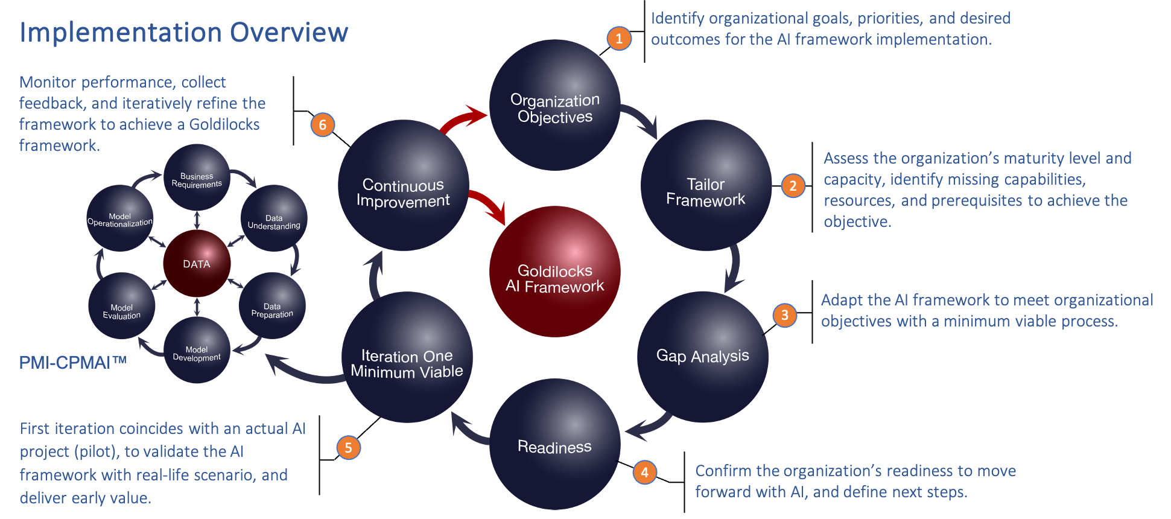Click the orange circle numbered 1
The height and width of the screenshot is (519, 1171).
[x=619, y=39]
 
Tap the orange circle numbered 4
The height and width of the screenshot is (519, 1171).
[x=644, y=472]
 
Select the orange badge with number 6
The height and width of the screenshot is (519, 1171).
[x=322, y=125]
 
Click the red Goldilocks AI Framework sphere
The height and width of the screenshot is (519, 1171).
[x=554, y=272]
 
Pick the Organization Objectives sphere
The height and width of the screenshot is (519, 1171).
[x=554, y=106]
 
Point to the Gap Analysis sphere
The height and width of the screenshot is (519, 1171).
[x=702, y=356]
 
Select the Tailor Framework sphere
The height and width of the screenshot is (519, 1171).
[x=705, y=186]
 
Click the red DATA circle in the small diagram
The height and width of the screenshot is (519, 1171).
[x=197, y=264]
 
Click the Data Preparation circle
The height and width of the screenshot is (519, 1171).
[x=272, y=305]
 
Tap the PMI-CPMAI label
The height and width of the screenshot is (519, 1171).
[x=72, y=362]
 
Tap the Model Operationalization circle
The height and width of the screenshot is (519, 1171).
[x=120, y=218]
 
